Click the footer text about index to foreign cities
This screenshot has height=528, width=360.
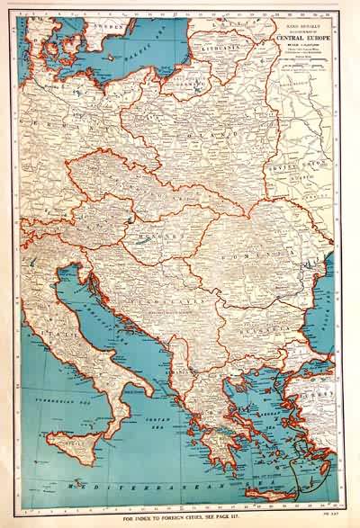pyautogui.click(x=180, y=520)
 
